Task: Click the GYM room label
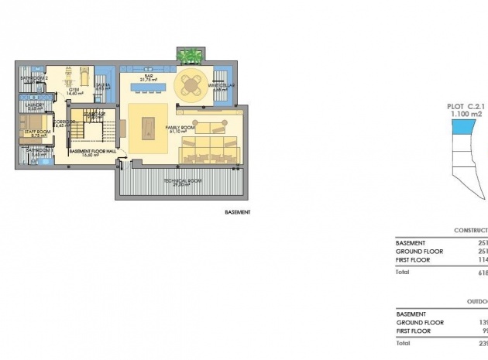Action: (x=75, y=90)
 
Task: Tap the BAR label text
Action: (x=144, y=76)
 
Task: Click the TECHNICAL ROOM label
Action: (x=182, y=181)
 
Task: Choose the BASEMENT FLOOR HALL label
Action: (x=92, y=153)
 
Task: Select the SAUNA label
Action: (x=103, y=86)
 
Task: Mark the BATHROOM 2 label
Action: (x=35, y=77)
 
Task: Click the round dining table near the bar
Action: (x=191, y=82)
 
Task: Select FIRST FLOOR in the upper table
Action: (x=414, y=261)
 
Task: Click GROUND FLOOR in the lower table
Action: (x=420, y=322)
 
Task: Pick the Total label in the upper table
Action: (x=402, y=273)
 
